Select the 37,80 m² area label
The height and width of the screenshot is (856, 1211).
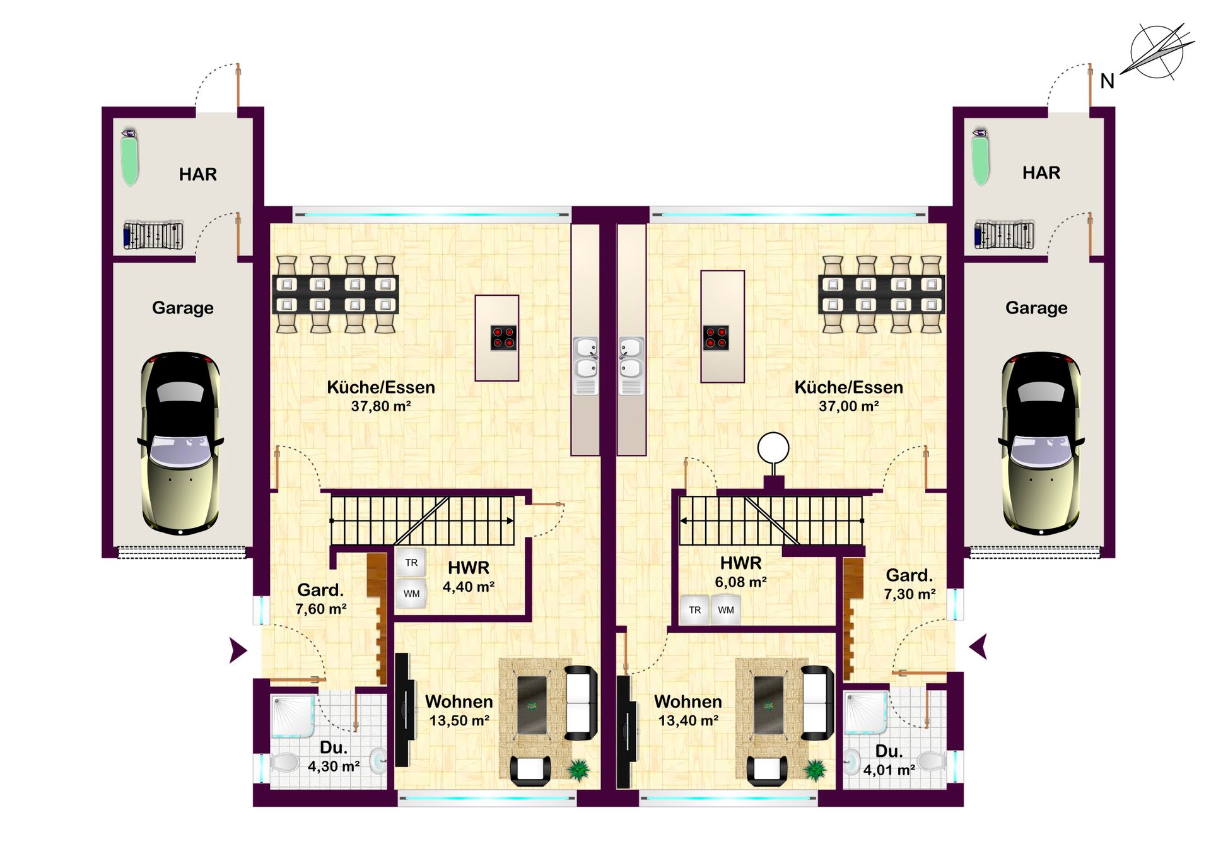(381, 406)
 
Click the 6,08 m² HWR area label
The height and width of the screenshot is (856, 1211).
(740, 582)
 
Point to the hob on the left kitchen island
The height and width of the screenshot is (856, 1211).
(504, 337)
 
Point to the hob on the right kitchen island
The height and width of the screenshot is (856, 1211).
(716, 337)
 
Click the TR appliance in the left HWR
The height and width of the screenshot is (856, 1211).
(411, 563)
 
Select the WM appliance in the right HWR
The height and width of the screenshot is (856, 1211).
(726, 610)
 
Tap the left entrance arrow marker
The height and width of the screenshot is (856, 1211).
(238, 650)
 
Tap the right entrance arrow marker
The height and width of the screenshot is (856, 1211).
(978, 647)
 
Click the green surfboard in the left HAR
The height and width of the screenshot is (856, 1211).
(130, 157)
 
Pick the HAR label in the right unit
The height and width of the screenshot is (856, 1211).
(1041, 173)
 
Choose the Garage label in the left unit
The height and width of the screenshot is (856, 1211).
(183, 308)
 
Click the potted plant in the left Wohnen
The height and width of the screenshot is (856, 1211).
(578, 769)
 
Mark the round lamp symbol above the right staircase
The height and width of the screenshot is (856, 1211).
(773, 449)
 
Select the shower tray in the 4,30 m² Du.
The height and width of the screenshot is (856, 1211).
(293, 716)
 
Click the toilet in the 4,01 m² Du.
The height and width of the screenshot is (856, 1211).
(932, 761)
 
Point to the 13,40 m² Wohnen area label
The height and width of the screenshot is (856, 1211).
(688, 720)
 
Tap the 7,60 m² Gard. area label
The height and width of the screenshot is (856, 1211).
(320, 609)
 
